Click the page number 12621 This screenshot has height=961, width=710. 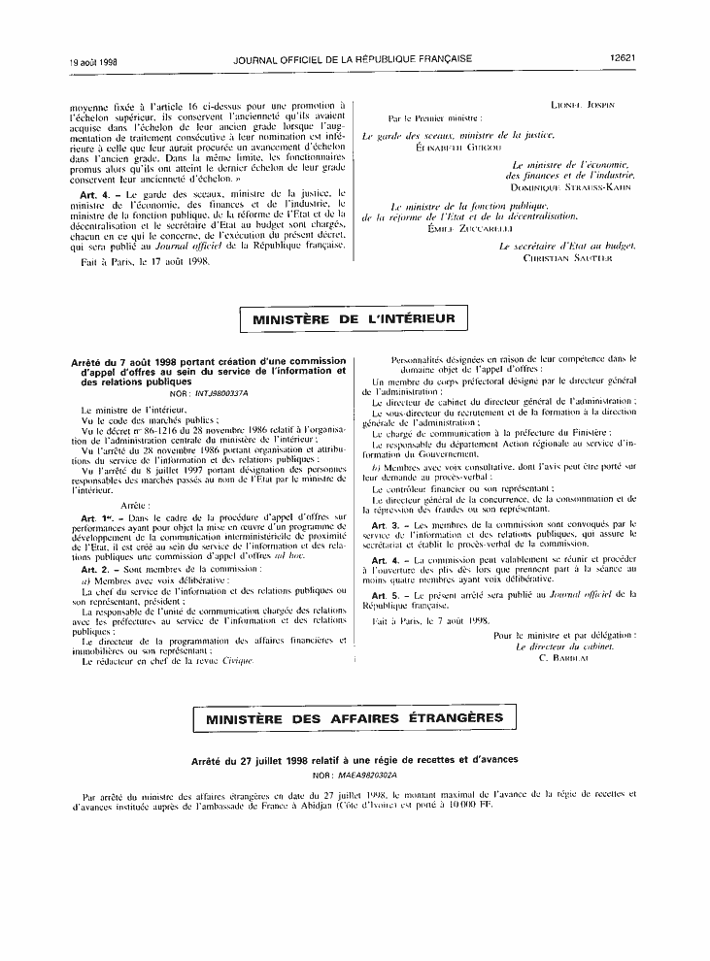pyautogui.click(x=622, y=59)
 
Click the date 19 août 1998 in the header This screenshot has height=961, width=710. pyautogui.click(x=92, y=60)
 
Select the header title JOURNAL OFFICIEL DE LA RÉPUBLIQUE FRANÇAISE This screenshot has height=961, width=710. pyautogui.click(x=354, y=59)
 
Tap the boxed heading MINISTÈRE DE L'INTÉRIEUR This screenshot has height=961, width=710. pyautogui.click(x=355, y=319)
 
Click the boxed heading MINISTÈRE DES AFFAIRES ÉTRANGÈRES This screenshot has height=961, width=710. pyautogui.click(x=355, y=718)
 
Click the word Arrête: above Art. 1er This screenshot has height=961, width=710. pyautogui.click(x=133, y=507)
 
